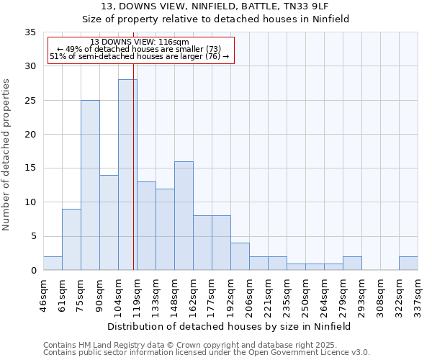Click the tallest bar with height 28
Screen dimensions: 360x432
[127, 174]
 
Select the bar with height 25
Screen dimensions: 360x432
[90, 185]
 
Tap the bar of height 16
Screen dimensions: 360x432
[184, 215]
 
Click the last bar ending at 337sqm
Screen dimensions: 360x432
[408, 263]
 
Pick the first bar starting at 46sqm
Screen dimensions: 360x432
[53, 263]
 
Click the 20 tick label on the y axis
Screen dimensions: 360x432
[30, 135]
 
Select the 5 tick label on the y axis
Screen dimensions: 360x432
[33, 236]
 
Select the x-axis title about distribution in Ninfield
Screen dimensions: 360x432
[230, 326]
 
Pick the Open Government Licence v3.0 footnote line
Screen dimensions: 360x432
[207, 353]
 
